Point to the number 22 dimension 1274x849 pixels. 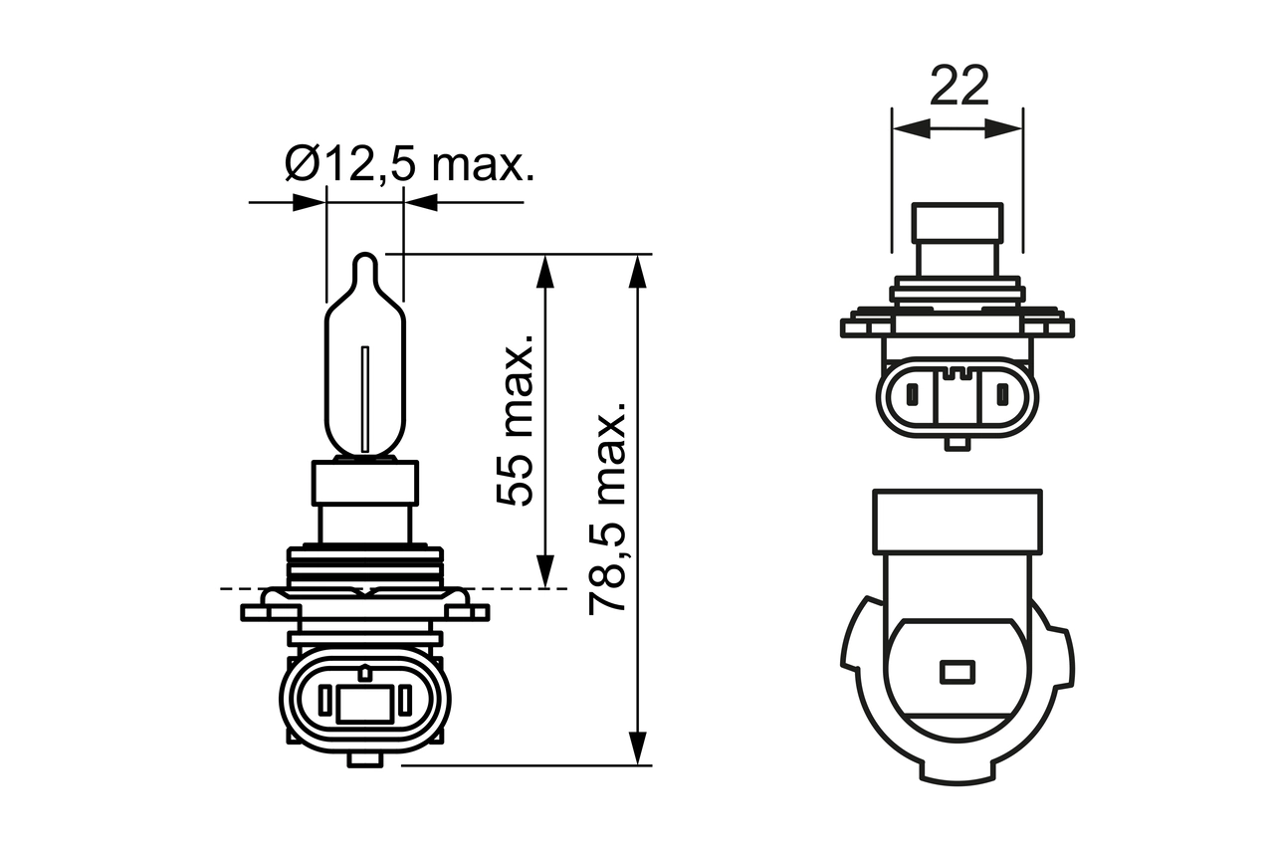(959, 87)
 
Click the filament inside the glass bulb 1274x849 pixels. (365, 398)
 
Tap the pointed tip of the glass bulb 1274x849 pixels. (365, 261)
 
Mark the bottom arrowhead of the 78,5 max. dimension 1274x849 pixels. (638, 748)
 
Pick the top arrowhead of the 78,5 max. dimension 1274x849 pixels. (638, 271)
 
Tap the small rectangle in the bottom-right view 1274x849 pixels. (956, 672)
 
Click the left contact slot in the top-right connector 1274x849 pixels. (910, 398)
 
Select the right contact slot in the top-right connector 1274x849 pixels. (1003, 398)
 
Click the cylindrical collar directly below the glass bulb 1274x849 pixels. (365, 482)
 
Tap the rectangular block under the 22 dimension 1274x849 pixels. (957, 239)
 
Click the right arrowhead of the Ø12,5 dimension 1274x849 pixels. (421, 202)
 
